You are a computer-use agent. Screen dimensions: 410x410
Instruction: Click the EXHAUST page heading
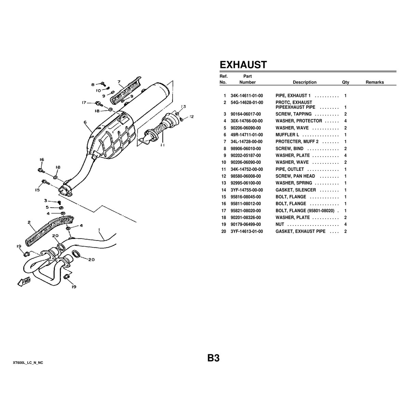point(243,65)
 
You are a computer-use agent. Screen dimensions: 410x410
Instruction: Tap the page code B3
point(213,358)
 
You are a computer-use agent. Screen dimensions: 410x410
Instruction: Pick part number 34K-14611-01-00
point(247,96)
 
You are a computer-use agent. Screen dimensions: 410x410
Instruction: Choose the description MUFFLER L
point(287,135)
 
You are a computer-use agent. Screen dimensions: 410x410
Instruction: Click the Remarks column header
point(374,82)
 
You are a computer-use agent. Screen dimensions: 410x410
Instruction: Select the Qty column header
point(345,82)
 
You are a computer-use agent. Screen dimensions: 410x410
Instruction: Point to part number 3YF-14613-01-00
point(247,231)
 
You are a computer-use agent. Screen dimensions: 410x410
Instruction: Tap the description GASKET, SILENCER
point(296,190)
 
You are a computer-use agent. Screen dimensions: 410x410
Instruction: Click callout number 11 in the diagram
point(162,145)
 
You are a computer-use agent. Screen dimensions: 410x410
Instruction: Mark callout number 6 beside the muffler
point(85,122)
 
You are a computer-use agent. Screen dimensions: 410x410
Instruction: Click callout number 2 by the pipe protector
point(30,222)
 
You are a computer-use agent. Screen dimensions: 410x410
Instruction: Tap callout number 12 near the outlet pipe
point(192,117)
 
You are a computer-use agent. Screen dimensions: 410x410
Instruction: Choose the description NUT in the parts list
point(279,224)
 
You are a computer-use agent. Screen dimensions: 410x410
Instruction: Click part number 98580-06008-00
point(246,176)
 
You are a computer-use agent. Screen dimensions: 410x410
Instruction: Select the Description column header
point(304,82)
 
